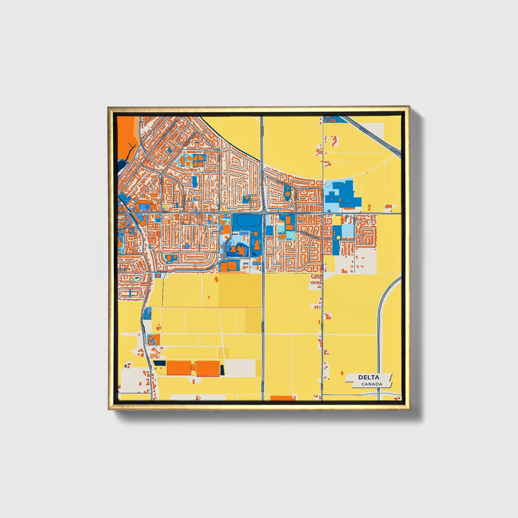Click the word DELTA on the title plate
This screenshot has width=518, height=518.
(x=369, y=377)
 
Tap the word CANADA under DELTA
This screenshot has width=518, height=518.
(x=371, y=384)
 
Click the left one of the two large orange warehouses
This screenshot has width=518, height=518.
(x=179, y=368)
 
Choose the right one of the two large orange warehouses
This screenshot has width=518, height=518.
(x=208, y=369)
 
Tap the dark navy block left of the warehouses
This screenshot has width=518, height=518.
(x=160, y=363)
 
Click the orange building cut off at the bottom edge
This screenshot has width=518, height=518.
(x=283, y=398)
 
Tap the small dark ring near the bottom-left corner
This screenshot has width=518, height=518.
(x=125, y=366)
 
